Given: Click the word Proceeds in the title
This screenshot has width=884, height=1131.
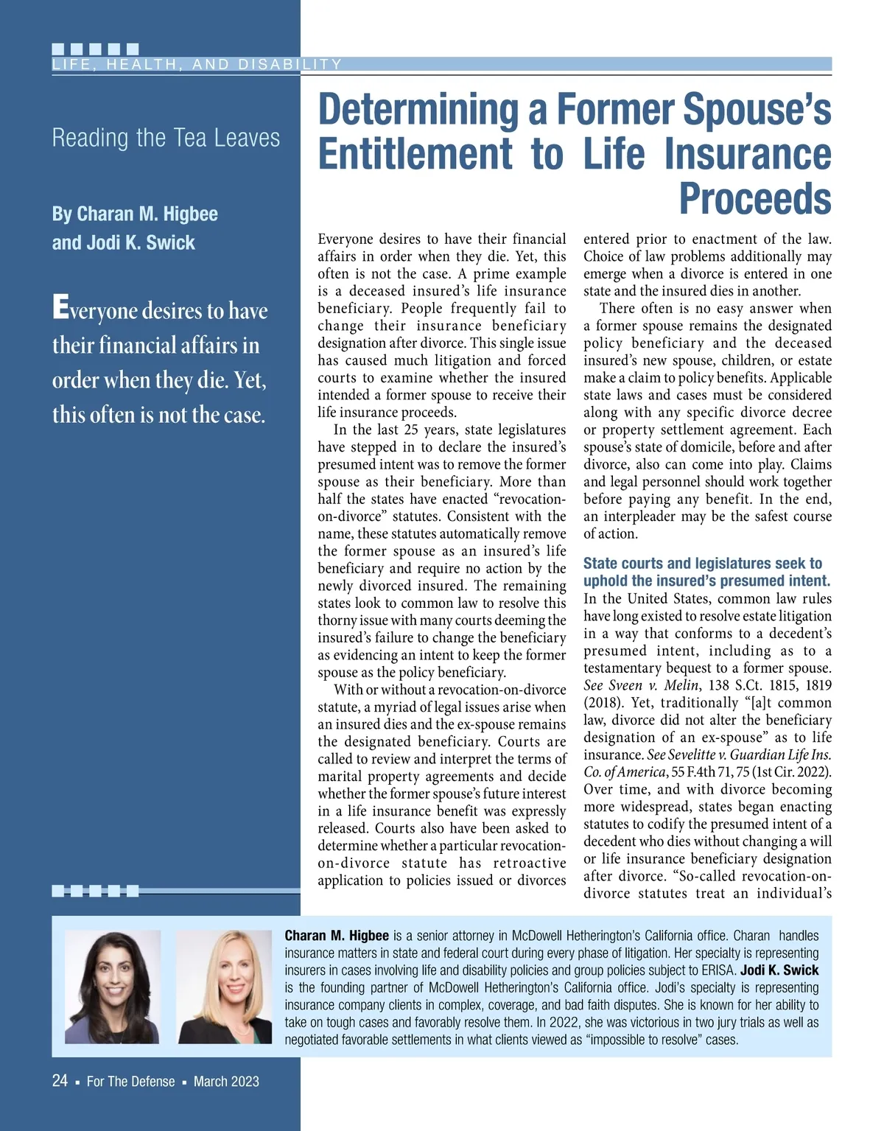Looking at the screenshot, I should click(x=755, y=199).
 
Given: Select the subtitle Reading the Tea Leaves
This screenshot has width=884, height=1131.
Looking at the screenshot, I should click(x=166, y=138).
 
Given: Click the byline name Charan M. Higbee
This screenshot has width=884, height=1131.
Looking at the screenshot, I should click(x=135, y=214).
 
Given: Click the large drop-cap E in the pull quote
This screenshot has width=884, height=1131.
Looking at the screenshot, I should click(x=60, y=308).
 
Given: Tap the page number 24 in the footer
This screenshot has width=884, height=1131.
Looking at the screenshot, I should click(x=60, y=1081).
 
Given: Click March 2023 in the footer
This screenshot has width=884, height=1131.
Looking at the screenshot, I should click(x=226, y=1082).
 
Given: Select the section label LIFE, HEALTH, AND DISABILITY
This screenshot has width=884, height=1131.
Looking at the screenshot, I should click(x=197, y=65).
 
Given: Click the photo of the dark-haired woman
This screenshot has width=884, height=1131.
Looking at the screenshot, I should click(x=112, y=987).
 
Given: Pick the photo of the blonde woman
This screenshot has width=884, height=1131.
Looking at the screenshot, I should click(x=224, y=987).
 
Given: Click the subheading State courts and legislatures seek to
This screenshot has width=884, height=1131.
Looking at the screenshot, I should click(x=702, y=564).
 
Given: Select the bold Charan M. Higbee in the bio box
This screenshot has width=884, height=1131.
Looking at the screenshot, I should click(x=337, y=936).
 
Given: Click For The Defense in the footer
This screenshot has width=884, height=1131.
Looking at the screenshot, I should click(x=130, y=1082).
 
